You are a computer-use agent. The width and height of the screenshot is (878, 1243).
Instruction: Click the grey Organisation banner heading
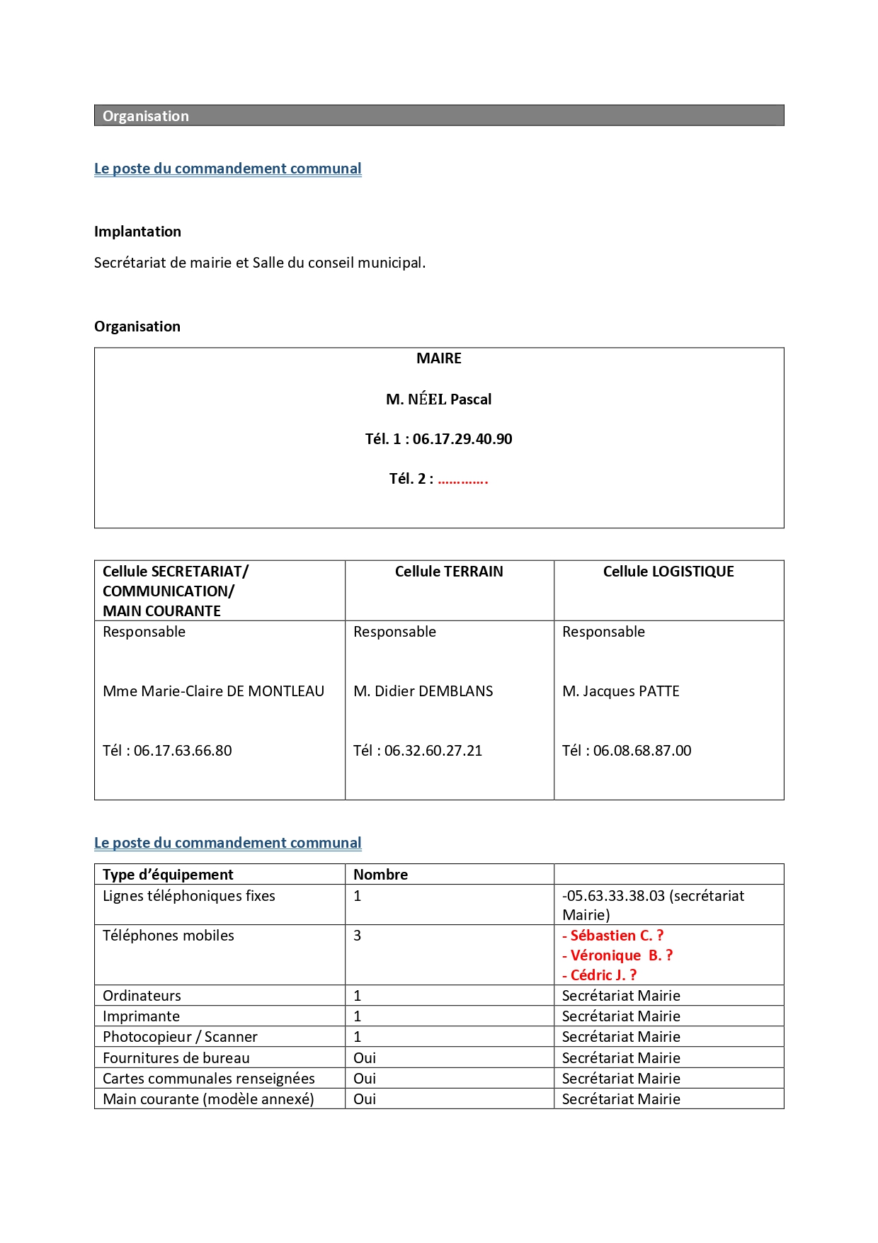point(146,116)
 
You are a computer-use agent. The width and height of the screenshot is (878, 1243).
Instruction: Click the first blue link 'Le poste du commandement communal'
point(227,169)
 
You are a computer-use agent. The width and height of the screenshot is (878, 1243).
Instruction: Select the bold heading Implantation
point(137,232)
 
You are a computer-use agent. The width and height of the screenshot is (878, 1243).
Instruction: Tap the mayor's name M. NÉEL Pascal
point(438,399)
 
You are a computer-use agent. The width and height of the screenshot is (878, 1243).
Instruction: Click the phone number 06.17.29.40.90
point(462,439)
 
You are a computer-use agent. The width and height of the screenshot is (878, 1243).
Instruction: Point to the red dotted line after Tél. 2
point(462,479)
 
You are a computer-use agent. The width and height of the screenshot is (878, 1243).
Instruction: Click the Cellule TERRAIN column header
point(449,572)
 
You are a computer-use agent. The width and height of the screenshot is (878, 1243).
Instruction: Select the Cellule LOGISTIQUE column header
point(668,572)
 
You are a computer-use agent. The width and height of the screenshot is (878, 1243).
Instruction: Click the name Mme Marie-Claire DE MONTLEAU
point(213,691)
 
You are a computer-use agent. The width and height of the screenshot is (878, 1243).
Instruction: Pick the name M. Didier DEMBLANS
point(423,691)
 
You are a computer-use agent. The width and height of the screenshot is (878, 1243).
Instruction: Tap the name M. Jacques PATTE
point(620,691)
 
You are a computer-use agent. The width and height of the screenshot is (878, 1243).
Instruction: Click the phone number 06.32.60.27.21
point(433,751)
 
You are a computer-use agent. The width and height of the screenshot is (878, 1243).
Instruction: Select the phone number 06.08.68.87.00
point(642,751)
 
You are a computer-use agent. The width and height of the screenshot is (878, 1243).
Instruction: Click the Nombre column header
point(380,875)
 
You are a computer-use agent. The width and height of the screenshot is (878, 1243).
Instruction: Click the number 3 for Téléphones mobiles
point(358,936)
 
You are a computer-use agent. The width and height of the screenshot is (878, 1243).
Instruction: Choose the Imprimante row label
point(141,1016)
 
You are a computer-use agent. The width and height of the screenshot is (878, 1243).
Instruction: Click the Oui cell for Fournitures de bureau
point(365,1058)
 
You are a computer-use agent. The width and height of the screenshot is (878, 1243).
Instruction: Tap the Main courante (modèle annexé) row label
point(208,1099)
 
